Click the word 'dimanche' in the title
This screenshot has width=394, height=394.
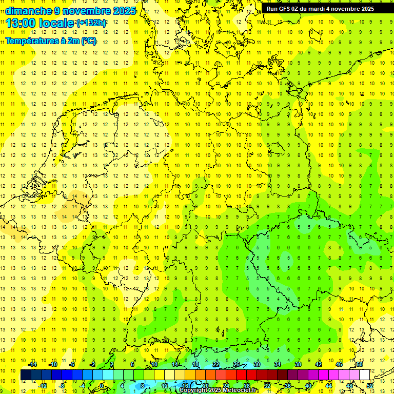(x=28, y=11)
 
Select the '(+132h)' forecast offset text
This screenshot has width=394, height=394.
(x=91, y=23)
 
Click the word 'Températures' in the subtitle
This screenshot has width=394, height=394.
(x=30, y=41)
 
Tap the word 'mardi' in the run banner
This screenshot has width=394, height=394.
(x=321, y=9)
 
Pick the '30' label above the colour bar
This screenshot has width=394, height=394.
(x=257, y=364)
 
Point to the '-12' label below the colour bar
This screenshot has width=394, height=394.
(x=43, y=386)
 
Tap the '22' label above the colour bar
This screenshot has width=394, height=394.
(x=216, y=364)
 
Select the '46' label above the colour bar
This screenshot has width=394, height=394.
(x=339, y=364)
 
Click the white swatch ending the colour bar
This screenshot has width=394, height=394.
(x=365, y=375)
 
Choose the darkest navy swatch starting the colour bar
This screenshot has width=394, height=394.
(x=26, y=375)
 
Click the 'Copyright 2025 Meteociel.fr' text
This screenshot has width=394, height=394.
(x=219, y=390)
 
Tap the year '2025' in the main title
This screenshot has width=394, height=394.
(x=124, y=11)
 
